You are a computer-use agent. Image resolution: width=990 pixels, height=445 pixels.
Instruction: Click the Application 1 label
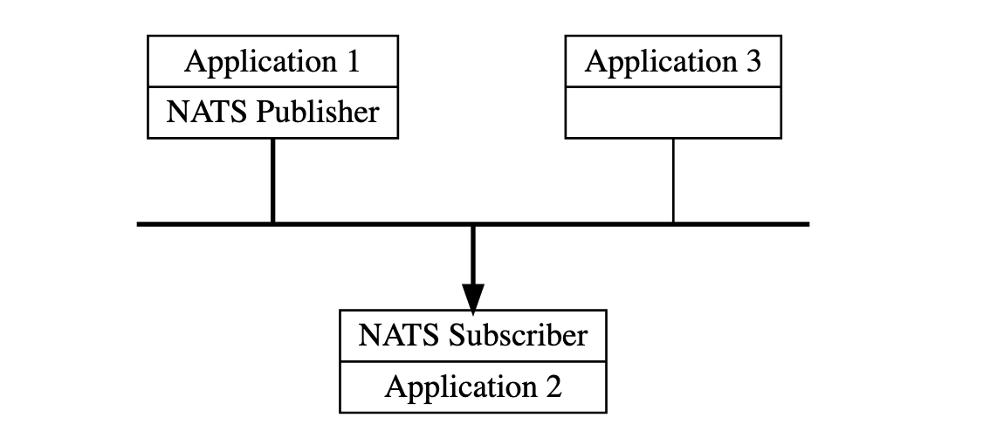pyautogui.click(x=272, y=62)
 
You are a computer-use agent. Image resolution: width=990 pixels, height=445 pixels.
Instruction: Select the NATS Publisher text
pyautogui.click(x=272, y=113)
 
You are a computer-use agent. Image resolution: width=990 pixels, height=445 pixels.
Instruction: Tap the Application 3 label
pyautogui.click(x=673, y=62)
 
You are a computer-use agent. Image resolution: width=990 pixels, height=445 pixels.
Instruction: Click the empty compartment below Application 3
pyautogui.click(x=673, y=113)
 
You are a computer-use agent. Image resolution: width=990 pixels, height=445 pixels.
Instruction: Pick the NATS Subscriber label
pyautogui.click(x=472, y=335)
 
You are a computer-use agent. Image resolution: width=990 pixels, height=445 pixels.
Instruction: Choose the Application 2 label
pyautogui.click(x=472, y=387)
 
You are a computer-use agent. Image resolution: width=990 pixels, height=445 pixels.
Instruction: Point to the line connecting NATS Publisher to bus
pyautogui.click(x=273, y=180)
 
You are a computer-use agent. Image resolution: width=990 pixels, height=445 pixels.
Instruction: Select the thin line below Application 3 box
pyautogui.click(x=673, y=180)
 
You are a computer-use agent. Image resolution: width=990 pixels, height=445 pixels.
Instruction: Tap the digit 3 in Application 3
pyautogui.click(x=753, y=62)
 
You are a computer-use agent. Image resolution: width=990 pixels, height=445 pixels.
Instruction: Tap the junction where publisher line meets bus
pyautogui.click(x=273, y=224)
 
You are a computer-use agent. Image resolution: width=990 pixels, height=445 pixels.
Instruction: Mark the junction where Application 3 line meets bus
pyautogui.click(x=673, y=224)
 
